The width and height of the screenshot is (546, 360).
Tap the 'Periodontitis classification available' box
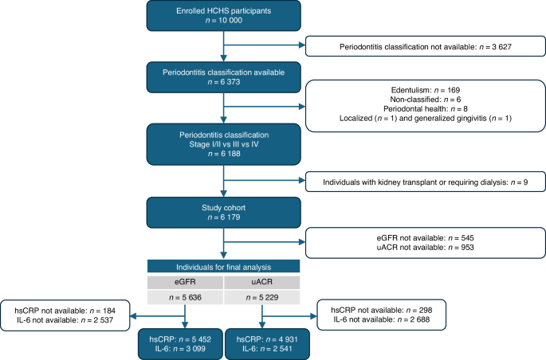tap(223, 77)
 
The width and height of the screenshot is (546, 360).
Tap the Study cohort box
tap(223, 211)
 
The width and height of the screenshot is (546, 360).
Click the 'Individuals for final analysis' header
tap(223, 266)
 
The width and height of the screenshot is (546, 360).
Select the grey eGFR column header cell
tap(185, 282)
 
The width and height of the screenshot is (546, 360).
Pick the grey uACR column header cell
tap(261, 282)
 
